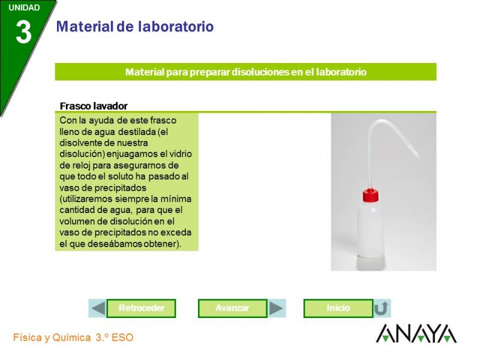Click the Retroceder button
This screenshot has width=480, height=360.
[141, 308]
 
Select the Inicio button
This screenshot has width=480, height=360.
[338, 308]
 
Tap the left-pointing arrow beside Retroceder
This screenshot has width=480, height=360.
[98, 308]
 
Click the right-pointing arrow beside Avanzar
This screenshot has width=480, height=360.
[276, 308]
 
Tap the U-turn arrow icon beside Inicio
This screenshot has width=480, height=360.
[382, 308]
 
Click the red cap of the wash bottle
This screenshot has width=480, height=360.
[371, 195]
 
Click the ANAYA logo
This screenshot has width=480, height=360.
[416, 334]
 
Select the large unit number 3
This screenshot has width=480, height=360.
[23, 32]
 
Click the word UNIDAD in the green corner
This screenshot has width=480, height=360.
[24, 8]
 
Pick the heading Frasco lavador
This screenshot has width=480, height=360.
[94, 106]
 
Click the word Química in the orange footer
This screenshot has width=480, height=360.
[71, 338]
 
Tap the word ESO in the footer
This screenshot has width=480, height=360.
[122, 338]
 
